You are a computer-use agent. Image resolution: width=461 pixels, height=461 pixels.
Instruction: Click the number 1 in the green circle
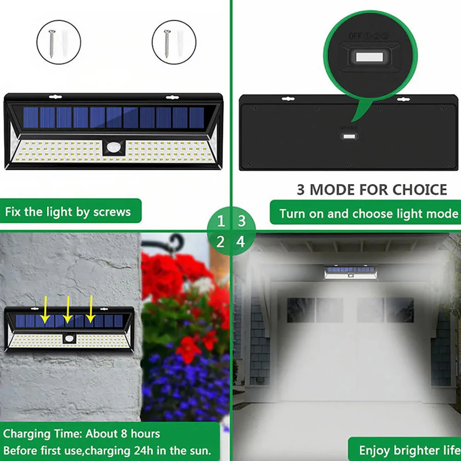tap(221, 221)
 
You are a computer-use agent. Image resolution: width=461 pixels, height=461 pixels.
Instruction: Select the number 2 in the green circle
tap(221, 241)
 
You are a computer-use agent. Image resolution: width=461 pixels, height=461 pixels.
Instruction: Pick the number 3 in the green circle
tap(241, 221)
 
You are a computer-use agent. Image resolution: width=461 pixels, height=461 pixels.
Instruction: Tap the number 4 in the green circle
tap(241, 241)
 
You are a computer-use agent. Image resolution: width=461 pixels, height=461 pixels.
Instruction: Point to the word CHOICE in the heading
tap(420, 190)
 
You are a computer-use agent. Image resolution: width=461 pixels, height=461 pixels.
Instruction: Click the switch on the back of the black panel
tap(349, 136)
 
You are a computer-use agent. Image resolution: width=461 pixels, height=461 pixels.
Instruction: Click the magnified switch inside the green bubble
tap(369, 58)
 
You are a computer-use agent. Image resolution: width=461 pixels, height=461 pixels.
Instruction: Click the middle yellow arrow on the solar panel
tap(68, 309)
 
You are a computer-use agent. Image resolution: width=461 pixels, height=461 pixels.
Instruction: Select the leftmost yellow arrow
tap(45, 311)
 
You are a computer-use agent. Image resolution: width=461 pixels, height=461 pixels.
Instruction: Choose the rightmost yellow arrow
tap(91, 309)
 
